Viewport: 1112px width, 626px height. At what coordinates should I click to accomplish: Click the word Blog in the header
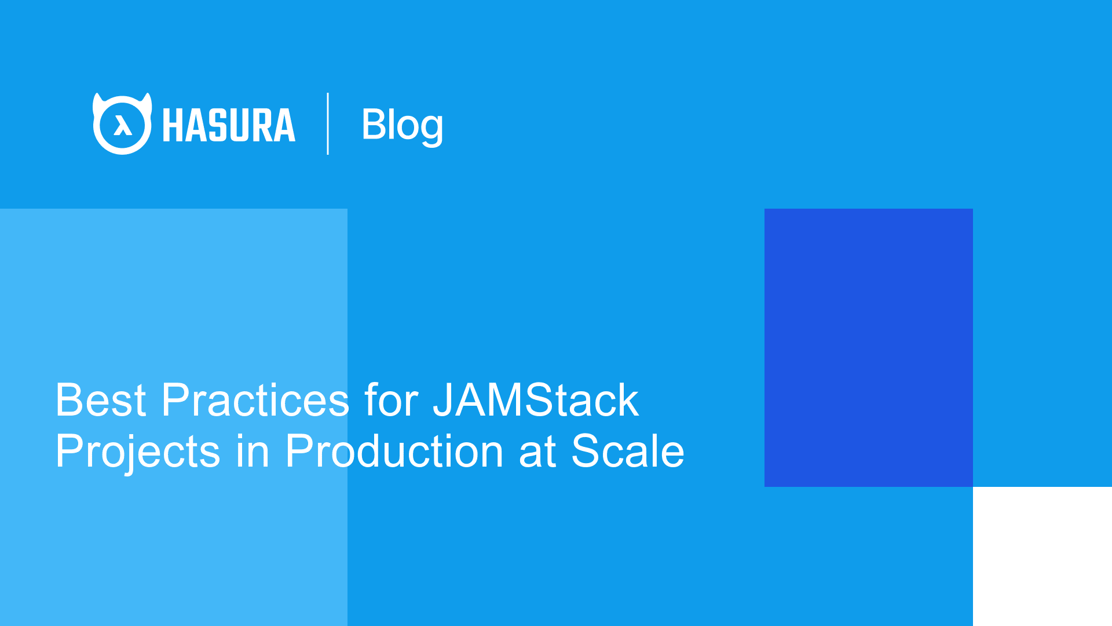402,124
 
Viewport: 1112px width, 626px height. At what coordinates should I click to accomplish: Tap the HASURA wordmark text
229,125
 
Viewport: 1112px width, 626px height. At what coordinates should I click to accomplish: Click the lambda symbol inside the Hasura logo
122,125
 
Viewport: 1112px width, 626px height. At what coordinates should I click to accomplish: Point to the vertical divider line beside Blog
328,123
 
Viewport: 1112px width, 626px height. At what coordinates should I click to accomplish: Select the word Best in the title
101,400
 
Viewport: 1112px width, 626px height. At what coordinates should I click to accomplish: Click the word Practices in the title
255,400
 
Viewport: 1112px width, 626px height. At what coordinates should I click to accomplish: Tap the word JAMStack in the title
536,400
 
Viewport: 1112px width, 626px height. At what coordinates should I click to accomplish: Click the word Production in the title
394,452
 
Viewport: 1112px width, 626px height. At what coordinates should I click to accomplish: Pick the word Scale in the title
628,452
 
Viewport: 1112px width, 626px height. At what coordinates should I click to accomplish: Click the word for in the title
392,400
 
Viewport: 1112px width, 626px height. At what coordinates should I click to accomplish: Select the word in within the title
253,452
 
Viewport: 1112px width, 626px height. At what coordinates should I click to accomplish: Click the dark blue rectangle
868,347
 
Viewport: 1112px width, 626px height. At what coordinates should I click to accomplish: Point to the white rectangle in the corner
1042,556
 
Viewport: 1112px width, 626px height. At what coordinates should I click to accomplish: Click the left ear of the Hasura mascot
98,102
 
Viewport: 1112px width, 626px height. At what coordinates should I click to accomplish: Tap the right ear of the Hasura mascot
147,102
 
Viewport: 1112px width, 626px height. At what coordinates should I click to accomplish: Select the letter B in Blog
374,124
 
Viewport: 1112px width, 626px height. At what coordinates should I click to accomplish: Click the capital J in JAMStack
443,400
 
